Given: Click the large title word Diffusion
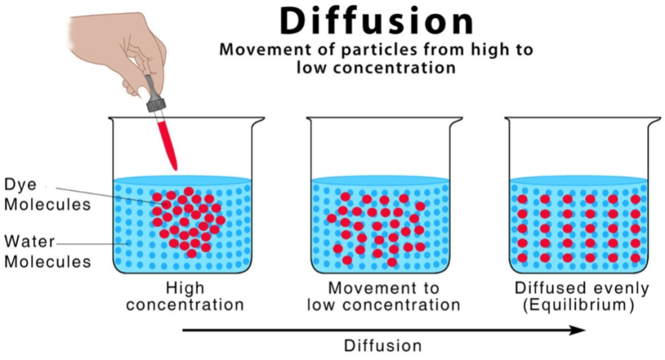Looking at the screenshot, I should (x=377, y=21).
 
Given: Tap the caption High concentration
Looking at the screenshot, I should (x=185, y=296).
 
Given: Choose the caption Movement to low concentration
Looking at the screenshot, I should (x=384, y=296).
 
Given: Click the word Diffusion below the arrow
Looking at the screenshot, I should (x=383, y=345).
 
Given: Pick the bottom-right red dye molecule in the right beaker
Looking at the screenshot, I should (x=635, y=258).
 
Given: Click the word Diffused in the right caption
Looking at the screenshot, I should (x=544, y=288).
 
